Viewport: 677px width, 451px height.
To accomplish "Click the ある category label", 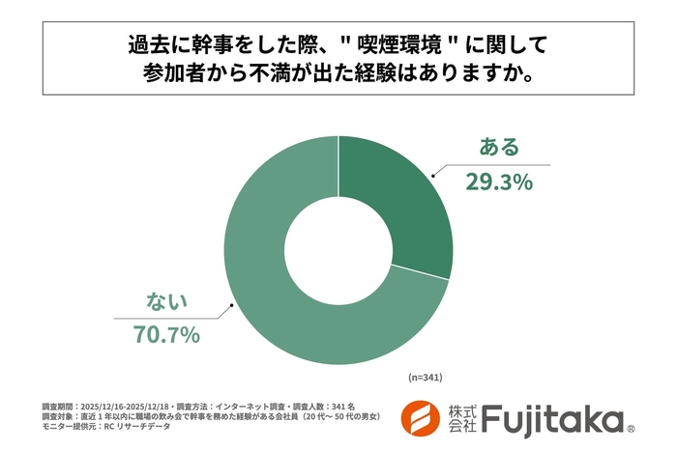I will pos(500,148).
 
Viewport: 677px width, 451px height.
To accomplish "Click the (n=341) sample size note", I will pos(425,375).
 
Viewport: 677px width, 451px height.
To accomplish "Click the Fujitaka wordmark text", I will pos(552,418).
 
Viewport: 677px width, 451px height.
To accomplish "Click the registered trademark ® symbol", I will pos(631,428).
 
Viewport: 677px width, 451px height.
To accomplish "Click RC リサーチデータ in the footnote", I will pos(130,426).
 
